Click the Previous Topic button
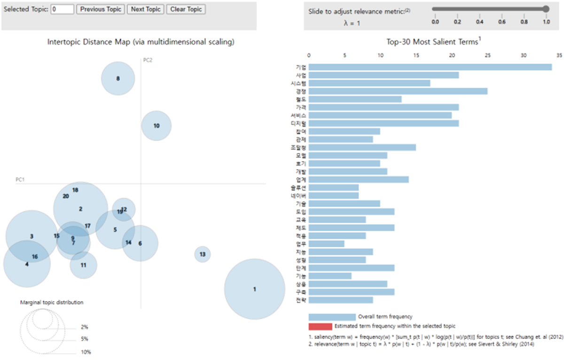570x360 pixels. [x=101, y=9]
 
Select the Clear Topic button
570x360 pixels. [x=186, y=9]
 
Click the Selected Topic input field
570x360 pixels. [x=62, y=9]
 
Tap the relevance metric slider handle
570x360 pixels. [x=546, y=8]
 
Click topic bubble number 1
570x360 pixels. [x=255, y=289]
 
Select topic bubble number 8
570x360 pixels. [x=118, y=78]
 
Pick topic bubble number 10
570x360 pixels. [x=156, y=125]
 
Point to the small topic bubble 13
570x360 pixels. [x=203, y=254]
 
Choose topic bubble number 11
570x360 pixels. [x=83, y=265]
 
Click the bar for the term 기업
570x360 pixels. [x=430, y=67]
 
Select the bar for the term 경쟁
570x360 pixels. [x=398, y=91]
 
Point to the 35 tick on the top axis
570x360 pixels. [x=559, y=55]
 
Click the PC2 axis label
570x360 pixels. [x=148, y=60]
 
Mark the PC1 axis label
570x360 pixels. [x=20, y=180]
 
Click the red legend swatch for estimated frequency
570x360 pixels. [x=320, y=326]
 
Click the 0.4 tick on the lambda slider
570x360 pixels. [x=480, y=22]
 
